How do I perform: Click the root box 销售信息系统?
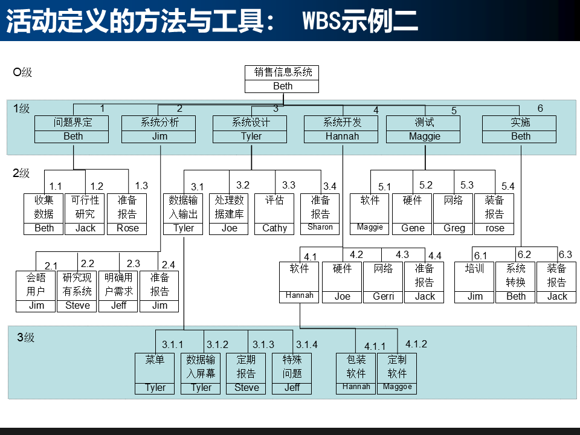[x=282, y=79]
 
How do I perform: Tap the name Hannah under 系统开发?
[x=342, y=136]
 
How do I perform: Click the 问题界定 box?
[x=73, y=129]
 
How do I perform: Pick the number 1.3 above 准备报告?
[x=141, y=186]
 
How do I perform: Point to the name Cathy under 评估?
[x=275, y=228]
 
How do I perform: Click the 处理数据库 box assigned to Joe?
[x=229, y=214]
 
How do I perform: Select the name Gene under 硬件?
[x=413, y=228]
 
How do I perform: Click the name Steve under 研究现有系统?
[x=77, y=306]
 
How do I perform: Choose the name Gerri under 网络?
[x=383, y=297]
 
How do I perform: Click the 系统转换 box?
[x=516, y=282]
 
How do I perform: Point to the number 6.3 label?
[x=565, y=255]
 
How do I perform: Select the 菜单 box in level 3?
[x=155, y=373]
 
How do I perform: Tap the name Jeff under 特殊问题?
[x=292, y=388]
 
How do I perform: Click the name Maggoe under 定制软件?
[x=397, y=387]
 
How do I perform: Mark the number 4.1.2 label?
[x=416, y=344]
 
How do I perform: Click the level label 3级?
[x=25, y=338]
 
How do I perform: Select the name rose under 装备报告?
[x=495, y=228]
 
